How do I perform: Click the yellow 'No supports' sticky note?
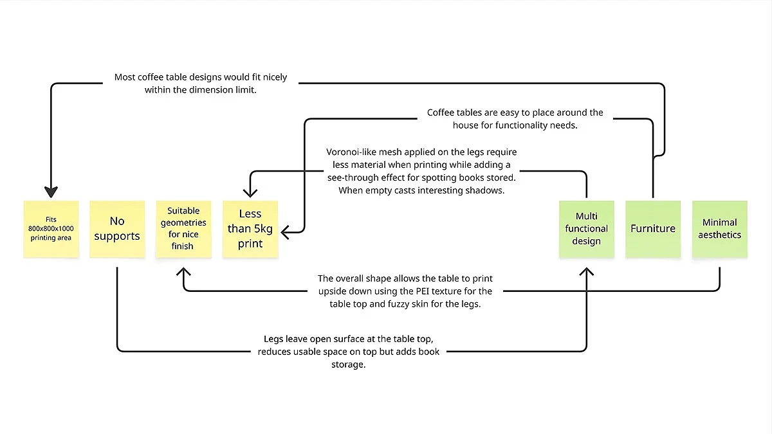tap(117, 229)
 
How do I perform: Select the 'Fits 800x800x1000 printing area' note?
tap(51, 229)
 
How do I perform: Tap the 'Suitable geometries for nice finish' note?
tap(183, 229)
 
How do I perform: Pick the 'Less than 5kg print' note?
tap(250, 229)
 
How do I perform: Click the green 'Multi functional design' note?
tap(586, 229)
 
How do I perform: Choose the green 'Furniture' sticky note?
tap(652, 229)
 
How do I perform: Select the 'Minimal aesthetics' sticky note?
tap(719, 229)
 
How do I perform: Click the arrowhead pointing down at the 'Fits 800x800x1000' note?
tap(51, 192)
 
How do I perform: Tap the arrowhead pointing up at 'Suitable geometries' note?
tap(183, 273)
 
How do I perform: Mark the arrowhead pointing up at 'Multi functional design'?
tap(586, 273)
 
